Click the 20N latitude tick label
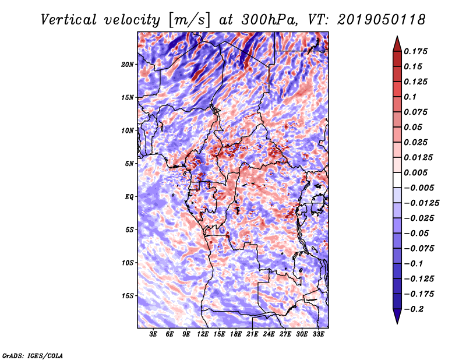(x=128, y=64)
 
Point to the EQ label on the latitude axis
(x=129, y=196)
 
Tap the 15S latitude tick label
(x=128, y=295)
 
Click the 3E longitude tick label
(x=154, y=335)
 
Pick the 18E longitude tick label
(x=236, y=335)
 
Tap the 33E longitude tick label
(x=318, y=335)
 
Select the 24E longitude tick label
(x=269, y=335)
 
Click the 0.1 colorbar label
(x=413, y=97)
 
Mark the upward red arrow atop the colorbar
(x=396, y=43)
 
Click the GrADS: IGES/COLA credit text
(x=32, y=355)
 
